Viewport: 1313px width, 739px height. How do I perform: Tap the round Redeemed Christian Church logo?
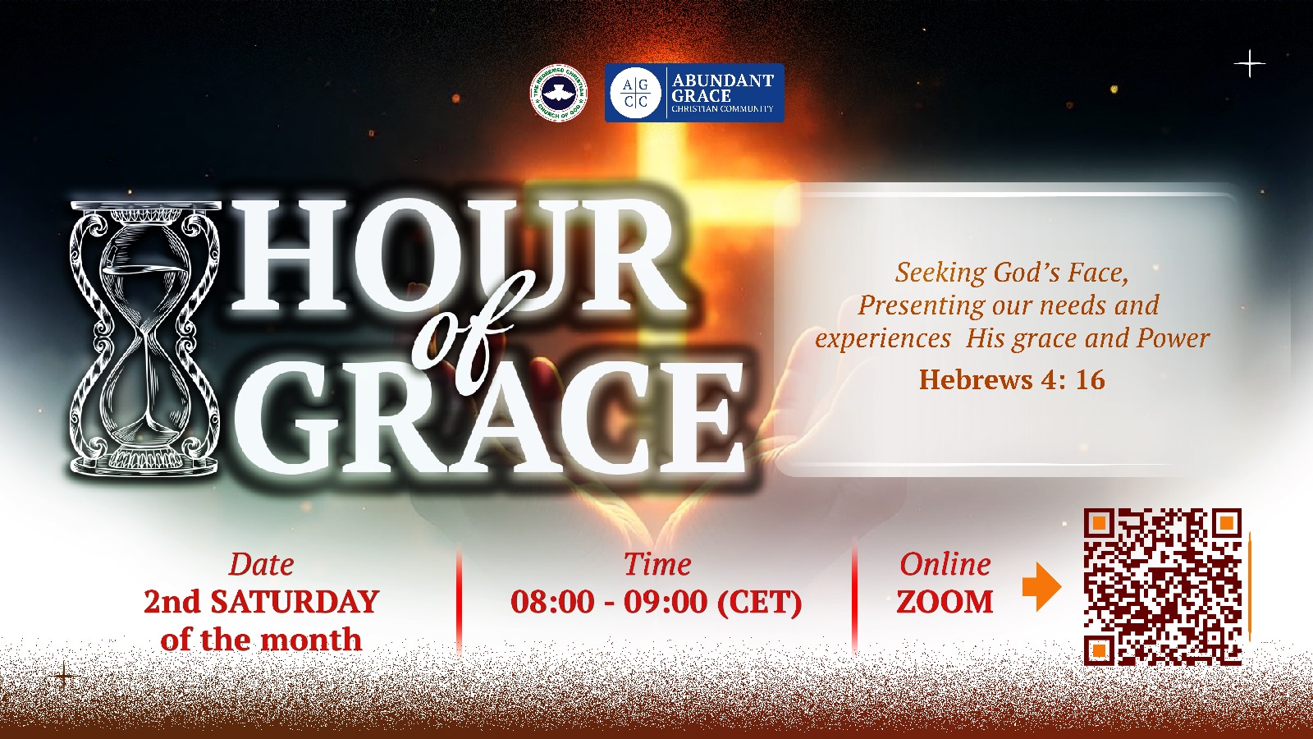pyautogui.click(x=559, y=93)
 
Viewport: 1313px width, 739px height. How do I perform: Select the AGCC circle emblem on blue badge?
pyautogui.click(x=635, y=93)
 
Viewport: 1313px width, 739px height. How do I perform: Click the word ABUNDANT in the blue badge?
pyautogui.click(x=723, y=80)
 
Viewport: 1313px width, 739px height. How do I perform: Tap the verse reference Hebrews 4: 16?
pyautogui.click(x=1012, y=379)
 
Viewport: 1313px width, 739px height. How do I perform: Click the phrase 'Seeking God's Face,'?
pyautogui.click(x=1013, y=273)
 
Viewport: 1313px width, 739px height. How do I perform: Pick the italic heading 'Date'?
pyautogui.click(x=262, y=564)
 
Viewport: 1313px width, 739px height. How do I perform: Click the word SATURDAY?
pyautogui.click(x=295, y=602)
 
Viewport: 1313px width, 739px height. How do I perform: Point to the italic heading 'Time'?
pyautogui.click(x=657, y=564)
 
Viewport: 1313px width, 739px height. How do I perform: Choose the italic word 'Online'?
pyautogui.click(x=945, y=564)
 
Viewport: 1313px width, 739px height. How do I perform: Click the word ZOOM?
pyautogui.click(x=945, y=602)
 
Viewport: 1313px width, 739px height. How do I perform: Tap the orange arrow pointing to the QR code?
pyautogui.click(x=1041, y=586)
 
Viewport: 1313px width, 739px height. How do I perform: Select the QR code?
pyautogui.click(x=1163, y=587)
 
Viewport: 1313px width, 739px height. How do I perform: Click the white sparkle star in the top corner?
pyautogui.click(x=1250, y=64)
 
